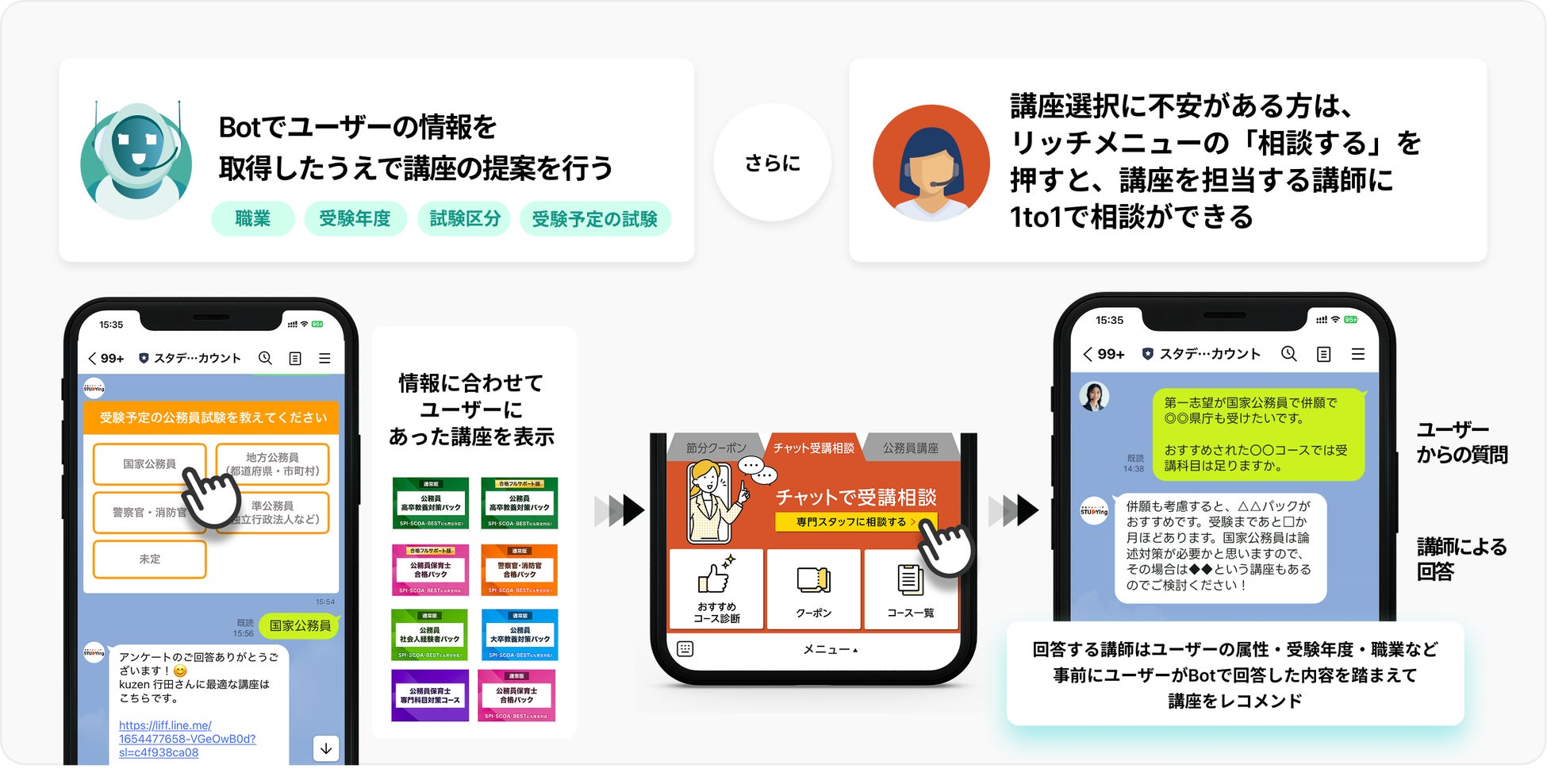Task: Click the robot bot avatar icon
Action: click(x=136, y=160)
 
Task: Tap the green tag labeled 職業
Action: click(x=252, y=218)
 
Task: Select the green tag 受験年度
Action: click(x=355, y=218)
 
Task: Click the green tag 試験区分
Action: click(x=465, y=218)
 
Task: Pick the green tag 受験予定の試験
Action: click(x=594, y=218)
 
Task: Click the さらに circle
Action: click(x=772, y=163)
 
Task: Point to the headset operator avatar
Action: click(x=931, y=163)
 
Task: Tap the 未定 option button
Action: click(x=149, y=559)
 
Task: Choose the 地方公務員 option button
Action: click(x=272, y=463)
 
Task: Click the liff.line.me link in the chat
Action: click(x=187, y=739)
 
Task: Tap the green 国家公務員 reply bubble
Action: click(x=300, y=625)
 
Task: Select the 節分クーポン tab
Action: click(x=716, y=448)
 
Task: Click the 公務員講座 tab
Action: click(x=910, y=448)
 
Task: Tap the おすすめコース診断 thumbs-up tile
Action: click(x=716, y=589)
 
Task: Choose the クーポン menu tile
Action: click(x=813, y=589)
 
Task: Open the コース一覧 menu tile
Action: click(x=910, y=589)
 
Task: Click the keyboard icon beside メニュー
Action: click(x=685, y=649)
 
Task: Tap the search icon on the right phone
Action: click(x=1288, y=354)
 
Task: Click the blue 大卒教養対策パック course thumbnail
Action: click(x=520, y=635)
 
